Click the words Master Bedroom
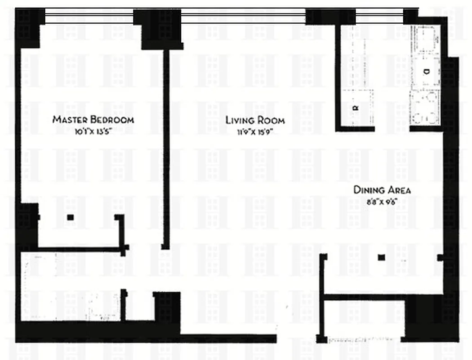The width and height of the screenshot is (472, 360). pos(93,120)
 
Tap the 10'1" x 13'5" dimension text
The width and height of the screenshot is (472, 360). pos(93,132)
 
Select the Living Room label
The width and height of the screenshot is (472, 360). pos(255,120)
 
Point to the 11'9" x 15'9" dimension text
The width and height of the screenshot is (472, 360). pos(255,132)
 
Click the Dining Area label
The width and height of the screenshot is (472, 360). pos(382,190)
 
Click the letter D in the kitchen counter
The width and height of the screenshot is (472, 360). pos(425,71)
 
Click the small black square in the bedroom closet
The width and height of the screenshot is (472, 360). pos(70,217)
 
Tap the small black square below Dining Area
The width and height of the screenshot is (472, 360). pos(381,257)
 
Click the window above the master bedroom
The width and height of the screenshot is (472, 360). pos(89,17)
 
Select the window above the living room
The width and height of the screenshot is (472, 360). pos(243,17)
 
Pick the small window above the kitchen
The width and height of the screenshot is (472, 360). pos(380,18)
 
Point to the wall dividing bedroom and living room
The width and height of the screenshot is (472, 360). pos(166,148)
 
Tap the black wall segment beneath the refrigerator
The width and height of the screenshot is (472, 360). pos(355,129)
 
